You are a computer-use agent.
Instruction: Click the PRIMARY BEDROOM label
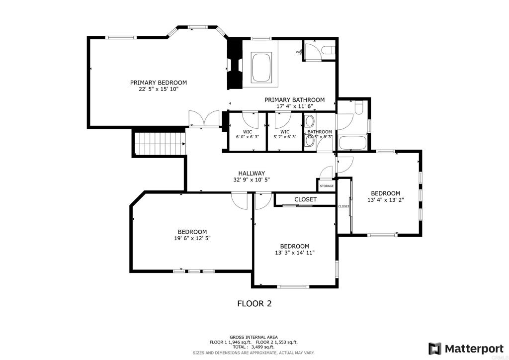[x=159, y=83]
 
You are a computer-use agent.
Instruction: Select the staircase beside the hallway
[x=159, y=143]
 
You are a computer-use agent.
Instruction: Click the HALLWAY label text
[x=251, y=174]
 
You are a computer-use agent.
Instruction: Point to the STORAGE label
[x=327, y=186]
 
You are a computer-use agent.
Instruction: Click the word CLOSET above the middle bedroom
[x=305, y=199]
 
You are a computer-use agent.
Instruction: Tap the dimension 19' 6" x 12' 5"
[x=192, y=239]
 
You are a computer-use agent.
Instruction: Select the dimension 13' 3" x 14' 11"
[x=294, y=253]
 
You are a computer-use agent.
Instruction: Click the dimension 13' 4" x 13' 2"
[x=385, y=200]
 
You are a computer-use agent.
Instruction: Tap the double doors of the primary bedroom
[x=204, y=119]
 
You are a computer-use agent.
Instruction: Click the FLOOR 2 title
[x=254, y=303]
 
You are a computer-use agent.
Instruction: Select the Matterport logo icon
[x=435, y=348]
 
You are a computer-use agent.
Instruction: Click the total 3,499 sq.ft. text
[x=254, y=347]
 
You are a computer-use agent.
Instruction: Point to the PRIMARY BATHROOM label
[x=294, y=100]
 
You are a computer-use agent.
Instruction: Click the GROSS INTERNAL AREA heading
[x=254, y=337]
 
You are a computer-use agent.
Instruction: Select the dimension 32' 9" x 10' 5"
[x=251, y=180]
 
